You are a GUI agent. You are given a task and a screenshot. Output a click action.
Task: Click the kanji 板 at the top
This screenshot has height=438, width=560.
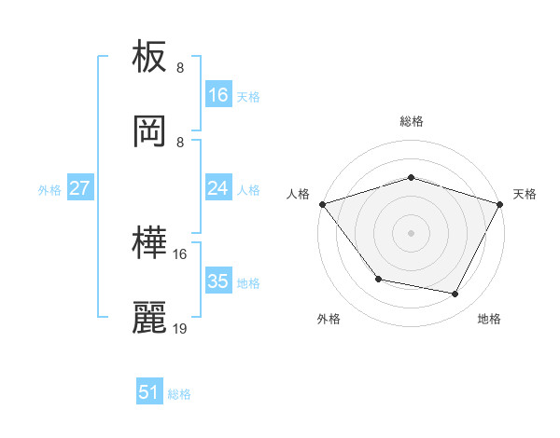coord(150,60)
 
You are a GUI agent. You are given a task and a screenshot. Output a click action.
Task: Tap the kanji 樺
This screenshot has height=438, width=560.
coord(150,245)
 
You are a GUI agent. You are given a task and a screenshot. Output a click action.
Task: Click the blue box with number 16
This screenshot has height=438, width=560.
coord(218,95)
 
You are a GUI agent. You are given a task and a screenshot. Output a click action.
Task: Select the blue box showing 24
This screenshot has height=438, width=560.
coord(218,188)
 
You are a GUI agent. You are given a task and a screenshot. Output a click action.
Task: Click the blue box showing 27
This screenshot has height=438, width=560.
coord(80,188)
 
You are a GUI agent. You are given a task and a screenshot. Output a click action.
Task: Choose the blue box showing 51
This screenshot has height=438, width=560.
coord(149,392)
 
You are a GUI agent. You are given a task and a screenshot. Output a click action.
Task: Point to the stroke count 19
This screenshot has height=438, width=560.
coord(180,328)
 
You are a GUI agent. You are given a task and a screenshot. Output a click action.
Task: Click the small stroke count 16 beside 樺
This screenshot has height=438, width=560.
coord(180,253)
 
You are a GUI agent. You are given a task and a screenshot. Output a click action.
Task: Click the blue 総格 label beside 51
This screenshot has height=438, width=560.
coord(179,394)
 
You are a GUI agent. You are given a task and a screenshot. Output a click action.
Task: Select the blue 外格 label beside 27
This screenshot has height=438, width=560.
coord(49,189)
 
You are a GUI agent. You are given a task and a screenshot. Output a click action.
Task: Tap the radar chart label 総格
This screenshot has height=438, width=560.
coord(411,121)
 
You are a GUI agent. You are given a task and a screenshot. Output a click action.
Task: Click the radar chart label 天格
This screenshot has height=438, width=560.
coord(525,194)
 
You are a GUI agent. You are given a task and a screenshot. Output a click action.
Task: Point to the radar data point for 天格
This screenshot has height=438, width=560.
coord(500,203)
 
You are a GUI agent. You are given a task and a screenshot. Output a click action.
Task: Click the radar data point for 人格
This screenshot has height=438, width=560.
coord(322,203)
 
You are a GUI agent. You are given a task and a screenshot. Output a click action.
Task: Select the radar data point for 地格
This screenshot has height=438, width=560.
coord(455,294)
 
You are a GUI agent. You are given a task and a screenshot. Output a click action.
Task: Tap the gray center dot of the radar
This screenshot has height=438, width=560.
coord(411,232)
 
